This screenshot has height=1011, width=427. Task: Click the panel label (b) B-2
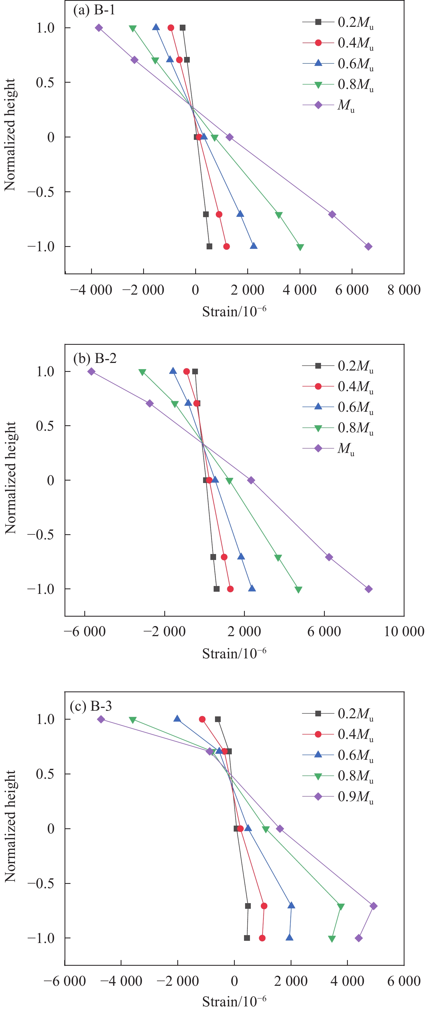(95, 358)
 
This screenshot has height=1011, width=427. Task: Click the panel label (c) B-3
(91, 706)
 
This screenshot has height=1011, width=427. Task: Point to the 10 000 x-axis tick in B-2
(404, 632)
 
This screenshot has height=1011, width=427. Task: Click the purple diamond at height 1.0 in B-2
(91, 371)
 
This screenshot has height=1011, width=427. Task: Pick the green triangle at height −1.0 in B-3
(332, 939)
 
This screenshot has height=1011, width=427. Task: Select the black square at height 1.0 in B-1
(182, 27)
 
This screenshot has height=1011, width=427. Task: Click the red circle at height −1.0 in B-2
(230, 589)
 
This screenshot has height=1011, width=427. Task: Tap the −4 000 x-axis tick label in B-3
(121, 981)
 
